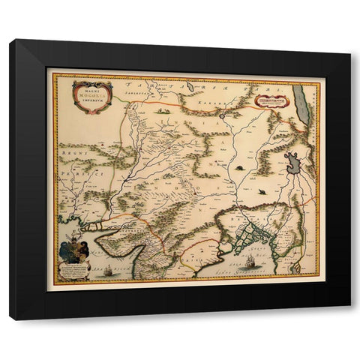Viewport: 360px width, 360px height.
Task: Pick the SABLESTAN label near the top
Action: click(x=150, y=89)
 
